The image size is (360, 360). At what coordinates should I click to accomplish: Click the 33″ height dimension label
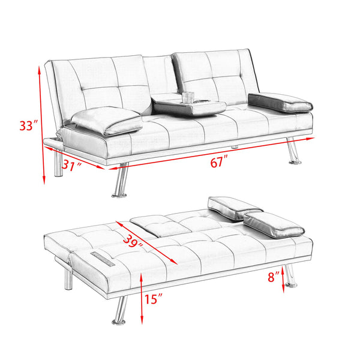(x=28, y=126)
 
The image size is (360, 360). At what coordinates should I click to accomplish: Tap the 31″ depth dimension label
(x=72, y=167)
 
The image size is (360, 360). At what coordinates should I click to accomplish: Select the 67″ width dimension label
(x=220, y=161)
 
